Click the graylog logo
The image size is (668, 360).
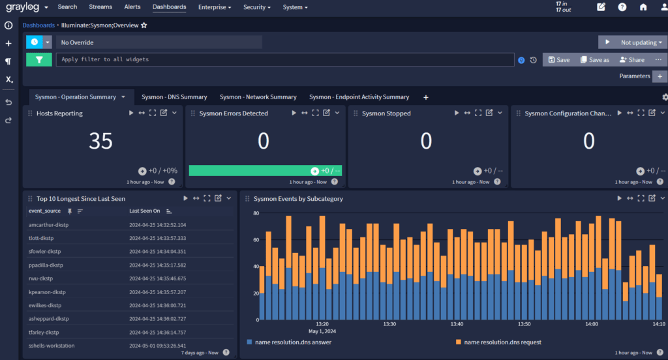coord(23,7)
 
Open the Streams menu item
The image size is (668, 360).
coord(100,7)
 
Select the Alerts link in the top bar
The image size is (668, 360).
coord(132,7)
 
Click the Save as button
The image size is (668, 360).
coord(594,59)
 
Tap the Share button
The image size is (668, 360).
coord(631,59)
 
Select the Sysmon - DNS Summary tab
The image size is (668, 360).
coord(174,97)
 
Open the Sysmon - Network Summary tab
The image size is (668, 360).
coord(258,97)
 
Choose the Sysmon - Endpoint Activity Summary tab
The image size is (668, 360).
coord(359,97)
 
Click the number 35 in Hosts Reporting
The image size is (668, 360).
coord(100,141)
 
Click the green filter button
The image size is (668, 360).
coord(39,59)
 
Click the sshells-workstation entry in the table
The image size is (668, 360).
coord(52,346)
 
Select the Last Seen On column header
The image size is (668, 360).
coord(144,211)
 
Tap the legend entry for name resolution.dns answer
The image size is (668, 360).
coord(288,342)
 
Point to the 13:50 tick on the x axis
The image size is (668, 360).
coord(524,323)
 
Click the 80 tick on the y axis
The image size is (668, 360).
coord(255,213)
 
